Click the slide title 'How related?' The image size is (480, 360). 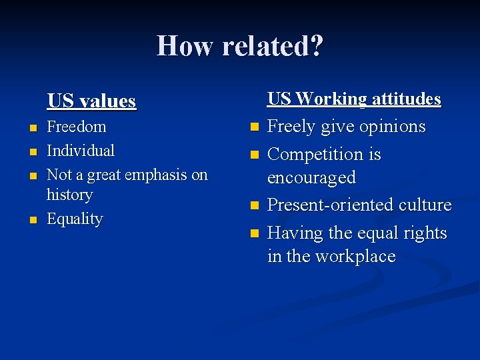click(240, 46)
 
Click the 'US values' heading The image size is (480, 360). click(91, 101)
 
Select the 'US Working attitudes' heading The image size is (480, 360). click(354, 99)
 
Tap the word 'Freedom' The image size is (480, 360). click(77, 126)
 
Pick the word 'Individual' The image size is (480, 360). click(81, 151)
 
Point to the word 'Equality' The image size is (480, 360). click(75, 219)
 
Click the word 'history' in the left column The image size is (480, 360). click(69, 195)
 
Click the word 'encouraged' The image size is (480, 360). click(311, 178)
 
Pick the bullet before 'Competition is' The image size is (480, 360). click(253, 155)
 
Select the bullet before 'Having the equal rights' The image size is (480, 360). click(253, 234)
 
